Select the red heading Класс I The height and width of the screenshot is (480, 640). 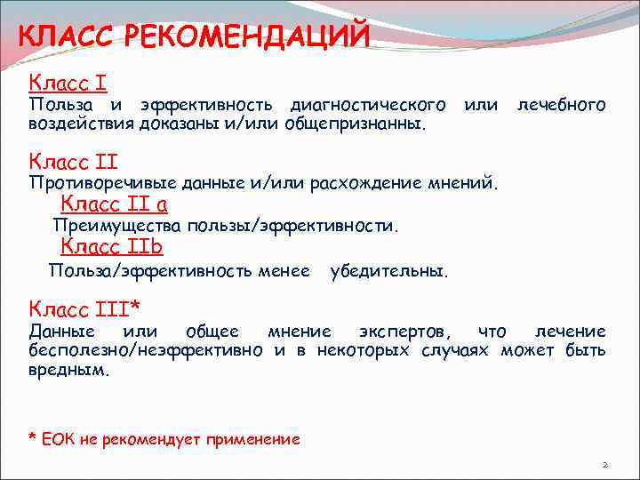pos(68,84)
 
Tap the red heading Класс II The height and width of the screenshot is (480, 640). pos(73,162)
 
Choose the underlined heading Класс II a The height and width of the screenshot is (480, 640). pos(114,204)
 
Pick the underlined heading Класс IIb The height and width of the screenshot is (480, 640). pos(111,247)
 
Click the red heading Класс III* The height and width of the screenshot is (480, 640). pos(84,308)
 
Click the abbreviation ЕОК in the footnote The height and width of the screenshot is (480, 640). pos(56,439)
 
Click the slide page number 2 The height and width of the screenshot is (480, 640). pos(604,465)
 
